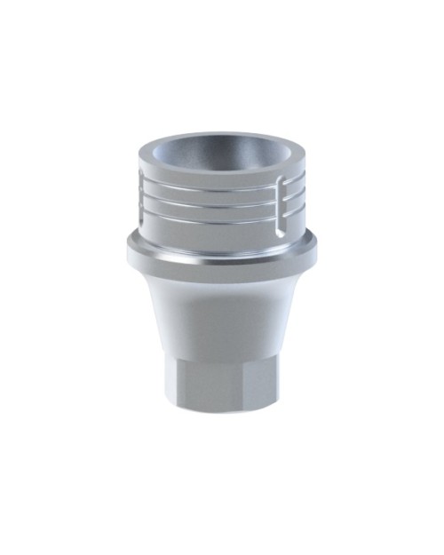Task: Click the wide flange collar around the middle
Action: coord(219,253)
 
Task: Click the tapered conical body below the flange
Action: coord(219,306)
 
